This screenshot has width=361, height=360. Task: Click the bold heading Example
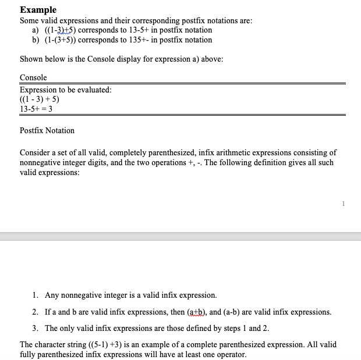[x=38, y=10]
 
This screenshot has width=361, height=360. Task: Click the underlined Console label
[x=33, y=78]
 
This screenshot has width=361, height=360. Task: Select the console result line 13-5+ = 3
[x=36, y=109]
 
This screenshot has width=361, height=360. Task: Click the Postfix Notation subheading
[x=47, y=131]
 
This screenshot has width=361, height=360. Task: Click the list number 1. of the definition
[x=36, y=295]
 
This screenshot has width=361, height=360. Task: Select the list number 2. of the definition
[x=36, y=312]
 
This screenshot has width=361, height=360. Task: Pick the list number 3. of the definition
[x=36, y=329]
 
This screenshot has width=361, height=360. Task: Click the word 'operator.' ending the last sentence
[x=231, y=355]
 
